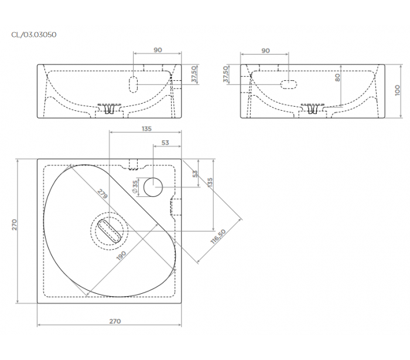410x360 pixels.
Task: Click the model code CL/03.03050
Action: (x=34, y=35)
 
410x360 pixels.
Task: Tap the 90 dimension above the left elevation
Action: (x=158, y=50)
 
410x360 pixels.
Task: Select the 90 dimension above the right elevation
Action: (x=265, y=50)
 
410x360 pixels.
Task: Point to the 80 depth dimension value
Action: (x=337, y=77)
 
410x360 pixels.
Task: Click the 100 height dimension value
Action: (x=397, y=90)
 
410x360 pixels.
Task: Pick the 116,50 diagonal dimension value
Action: (x=218, y=236)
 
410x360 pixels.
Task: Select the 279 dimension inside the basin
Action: (x=102, y=193)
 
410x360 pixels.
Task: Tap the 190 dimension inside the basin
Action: (x=121, y=256)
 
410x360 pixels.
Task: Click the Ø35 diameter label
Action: (x=135, y=186)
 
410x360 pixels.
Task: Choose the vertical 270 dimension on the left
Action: (x=14, y=225)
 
